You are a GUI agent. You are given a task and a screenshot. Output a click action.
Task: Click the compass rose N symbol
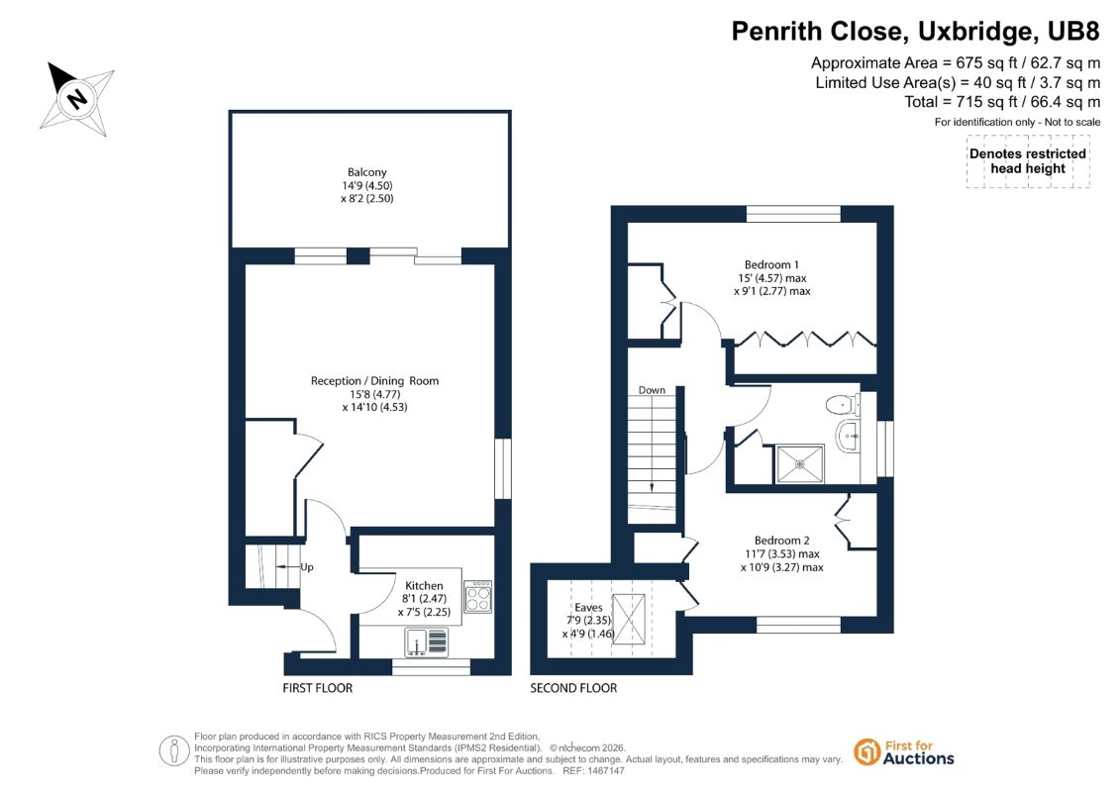coord(76,98)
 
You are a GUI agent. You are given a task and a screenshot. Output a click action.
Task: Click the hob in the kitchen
coord(478,597)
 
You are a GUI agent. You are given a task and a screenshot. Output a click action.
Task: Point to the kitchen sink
coord(427,643)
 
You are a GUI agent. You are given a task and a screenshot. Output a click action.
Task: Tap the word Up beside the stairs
coord(307,567)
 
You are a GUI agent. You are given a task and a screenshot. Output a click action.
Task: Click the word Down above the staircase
coord(652,390)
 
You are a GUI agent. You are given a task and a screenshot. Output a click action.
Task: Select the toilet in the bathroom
coord(843,405)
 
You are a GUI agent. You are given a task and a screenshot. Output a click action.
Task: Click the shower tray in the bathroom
coord(800,464)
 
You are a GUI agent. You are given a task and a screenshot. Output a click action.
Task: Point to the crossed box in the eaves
coord(629,619)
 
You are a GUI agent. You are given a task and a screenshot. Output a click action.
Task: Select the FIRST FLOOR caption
coord(318,688)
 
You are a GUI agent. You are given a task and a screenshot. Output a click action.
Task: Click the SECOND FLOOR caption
coord(573,688)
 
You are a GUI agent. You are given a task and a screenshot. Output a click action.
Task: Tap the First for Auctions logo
coord(904,752)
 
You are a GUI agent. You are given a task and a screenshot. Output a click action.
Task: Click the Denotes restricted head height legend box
coord(1028,160)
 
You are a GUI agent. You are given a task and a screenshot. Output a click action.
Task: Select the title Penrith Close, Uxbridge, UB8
coord(916,32)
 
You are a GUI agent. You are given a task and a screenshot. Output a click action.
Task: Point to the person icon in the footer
coord(174,751)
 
